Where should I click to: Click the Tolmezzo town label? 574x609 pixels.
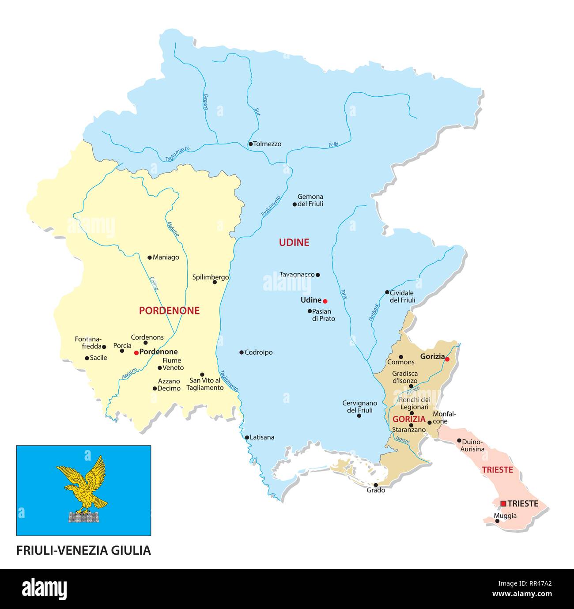coord(267,144)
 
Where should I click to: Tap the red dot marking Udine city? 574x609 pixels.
coord(325,301)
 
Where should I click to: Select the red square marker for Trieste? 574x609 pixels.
coord(503,503)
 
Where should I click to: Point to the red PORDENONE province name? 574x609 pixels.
coord(169,311)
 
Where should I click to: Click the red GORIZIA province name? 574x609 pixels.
coord(409,419)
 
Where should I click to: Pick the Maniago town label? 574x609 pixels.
coord(166,257)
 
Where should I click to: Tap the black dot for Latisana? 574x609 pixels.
coord(247,438)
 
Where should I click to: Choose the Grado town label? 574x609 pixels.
coord(376,490)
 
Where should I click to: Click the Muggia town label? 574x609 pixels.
coord(505,516)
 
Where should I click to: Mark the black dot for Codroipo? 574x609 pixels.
coord(242,352)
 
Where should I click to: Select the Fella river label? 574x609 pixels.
coord(333,145)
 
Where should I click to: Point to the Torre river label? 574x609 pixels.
coord(344,295)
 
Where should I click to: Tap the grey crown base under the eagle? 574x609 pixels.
coord(83,518)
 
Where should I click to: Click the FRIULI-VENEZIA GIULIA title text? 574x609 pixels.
coord(83,550)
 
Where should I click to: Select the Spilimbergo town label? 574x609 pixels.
coord(210,277)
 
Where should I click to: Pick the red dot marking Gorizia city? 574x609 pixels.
coord(447,359)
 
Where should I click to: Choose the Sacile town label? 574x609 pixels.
coord(98,358)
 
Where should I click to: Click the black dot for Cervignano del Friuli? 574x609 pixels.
coord(359,416)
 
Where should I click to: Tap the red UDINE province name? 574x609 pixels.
coord(294,242)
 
